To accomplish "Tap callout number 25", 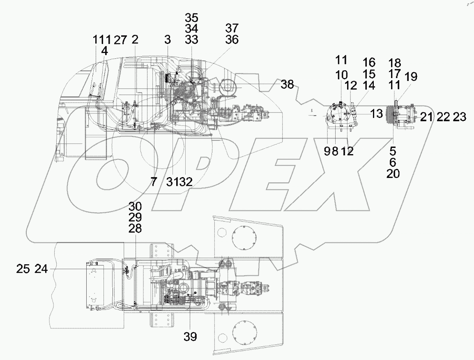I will [23, 269].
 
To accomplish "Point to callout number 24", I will [41, 269].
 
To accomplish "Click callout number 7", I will [154, 182].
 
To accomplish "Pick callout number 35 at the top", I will [191, 18].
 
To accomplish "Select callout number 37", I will [232, 29].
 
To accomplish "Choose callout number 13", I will [376, 114].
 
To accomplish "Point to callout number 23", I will [460, 118].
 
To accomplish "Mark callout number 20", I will [393, 174].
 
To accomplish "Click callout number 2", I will [135, 40].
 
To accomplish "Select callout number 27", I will [120, 40].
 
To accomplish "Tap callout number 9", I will [327, 152].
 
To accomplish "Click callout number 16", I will [369, 62].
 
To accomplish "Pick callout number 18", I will [396, 63].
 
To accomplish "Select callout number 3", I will [167, 40].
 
